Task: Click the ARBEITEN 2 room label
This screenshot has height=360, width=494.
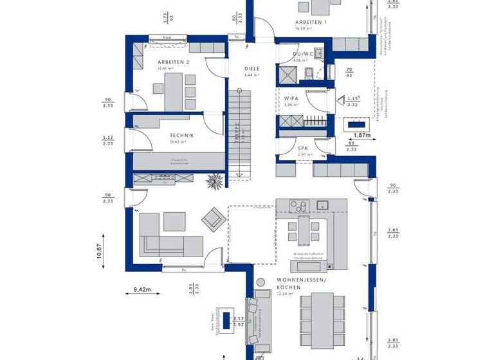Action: [x=173, y=62]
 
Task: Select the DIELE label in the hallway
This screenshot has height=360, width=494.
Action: [x=252, y=67]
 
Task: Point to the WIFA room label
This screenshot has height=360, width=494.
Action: [x=291, y=98]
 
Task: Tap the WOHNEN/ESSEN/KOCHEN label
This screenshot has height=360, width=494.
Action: [x=301, y=285]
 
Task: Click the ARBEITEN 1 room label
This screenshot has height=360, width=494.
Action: [x=311, y=22]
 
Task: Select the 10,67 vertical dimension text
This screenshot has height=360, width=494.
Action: [x=99, y=251]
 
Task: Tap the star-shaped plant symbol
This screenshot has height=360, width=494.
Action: [x=213, y=183]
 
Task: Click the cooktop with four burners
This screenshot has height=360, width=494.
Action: [x=299, y=206]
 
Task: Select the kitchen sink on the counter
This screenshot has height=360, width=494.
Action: [x=323, y=205]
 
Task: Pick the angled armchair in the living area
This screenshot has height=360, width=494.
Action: [x=213, y=221]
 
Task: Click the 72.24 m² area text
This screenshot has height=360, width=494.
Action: [x=286, y=294]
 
